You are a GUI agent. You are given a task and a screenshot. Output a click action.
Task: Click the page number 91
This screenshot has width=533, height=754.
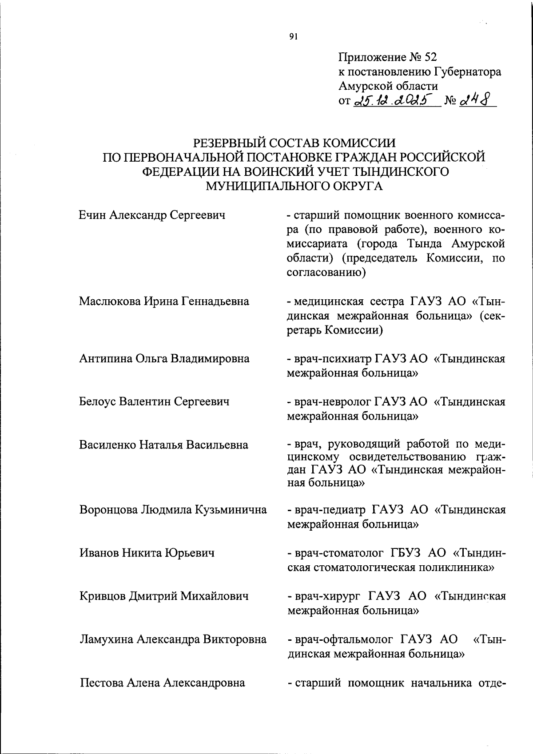pos(293,37)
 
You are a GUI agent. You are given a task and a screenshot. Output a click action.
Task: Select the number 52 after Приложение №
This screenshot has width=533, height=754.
pos(431,57)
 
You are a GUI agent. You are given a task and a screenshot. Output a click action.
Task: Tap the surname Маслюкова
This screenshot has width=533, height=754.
pos(109,302)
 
